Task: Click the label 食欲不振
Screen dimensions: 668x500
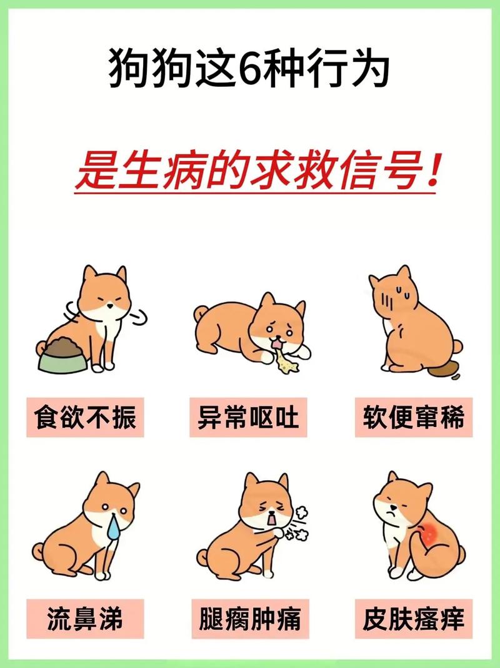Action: (86, 417)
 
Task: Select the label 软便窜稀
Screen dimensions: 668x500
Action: (413, 417)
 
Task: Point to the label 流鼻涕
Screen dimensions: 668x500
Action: (86, 620)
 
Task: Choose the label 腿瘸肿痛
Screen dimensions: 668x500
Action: (249, 620)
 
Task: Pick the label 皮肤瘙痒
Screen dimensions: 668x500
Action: (413, 620)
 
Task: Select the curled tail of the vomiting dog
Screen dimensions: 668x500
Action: (201, 313)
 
